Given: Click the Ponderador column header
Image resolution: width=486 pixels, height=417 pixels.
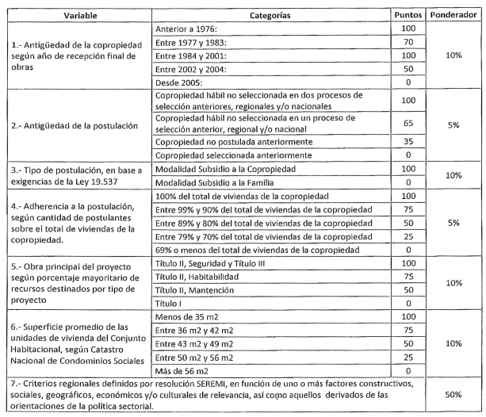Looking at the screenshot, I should click(x=453, y=16).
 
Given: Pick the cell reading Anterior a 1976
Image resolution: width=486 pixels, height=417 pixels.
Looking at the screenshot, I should click(x=188, y=29).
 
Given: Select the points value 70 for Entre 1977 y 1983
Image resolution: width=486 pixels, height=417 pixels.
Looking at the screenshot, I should click(x=408, y=42).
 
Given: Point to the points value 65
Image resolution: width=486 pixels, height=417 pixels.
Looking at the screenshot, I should click(x=408, y=124).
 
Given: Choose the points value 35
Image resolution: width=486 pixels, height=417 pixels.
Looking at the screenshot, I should click(x=408, y=142).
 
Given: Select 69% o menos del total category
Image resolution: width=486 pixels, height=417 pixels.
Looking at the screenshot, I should click(x=253, y=249).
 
